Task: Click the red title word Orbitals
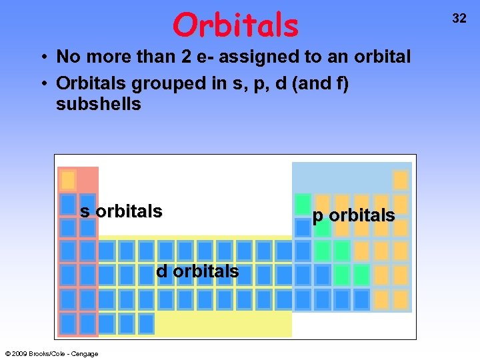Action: [235, 25]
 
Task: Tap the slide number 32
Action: [459, 19]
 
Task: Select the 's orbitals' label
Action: [121, 211]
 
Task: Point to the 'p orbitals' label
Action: [353, 215]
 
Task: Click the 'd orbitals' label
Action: [197, 271]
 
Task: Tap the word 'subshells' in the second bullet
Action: [99, 105]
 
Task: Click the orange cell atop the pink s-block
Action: [68, 180]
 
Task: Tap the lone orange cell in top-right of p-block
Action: [401, 180]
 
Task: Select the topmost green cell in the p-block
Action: [303, 203]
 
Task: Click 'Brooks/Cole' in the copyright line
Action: [47, 354]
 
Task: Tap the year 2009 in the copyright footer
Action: [19, 354]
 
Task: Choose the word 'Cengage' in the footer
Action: [85, 354]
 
